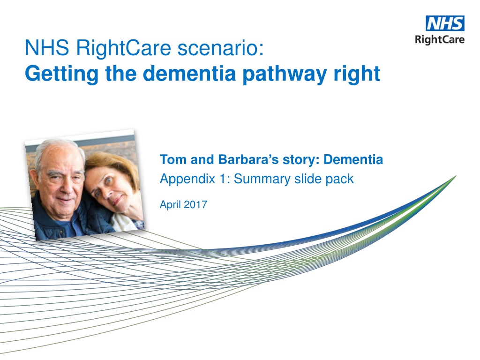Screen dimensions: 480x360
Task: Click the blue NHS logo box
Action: click(x=445, y=23)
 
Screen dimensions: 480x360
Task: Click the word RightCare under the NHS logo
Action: click(x=440, y=40)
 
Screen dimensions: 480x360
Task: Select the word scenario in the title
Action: click(x=221, y=48)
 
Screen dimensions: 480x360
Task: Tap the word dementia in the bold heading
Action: click(x=189, y=73)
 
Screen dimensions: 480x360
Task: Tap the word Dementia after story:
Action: click(x=353, y=159)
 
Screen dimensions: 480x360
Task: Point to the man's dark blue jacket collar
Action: click(x=46, y=211)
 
